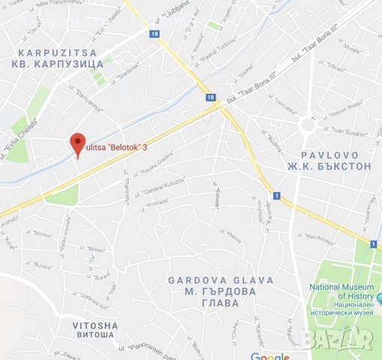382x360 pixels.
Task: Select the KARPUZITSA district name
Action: (x=55, y=52)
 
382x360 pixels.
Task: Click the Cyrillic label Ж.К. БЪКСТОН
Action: (x=333, y=166)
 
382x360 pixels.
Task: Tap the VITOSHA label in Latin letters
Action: (x=95, y=325)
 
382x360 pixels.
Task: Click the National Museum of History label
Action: (x=342, y=292)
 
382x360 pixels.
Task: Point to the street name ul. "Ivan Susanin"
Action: (x=346, y=133)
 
